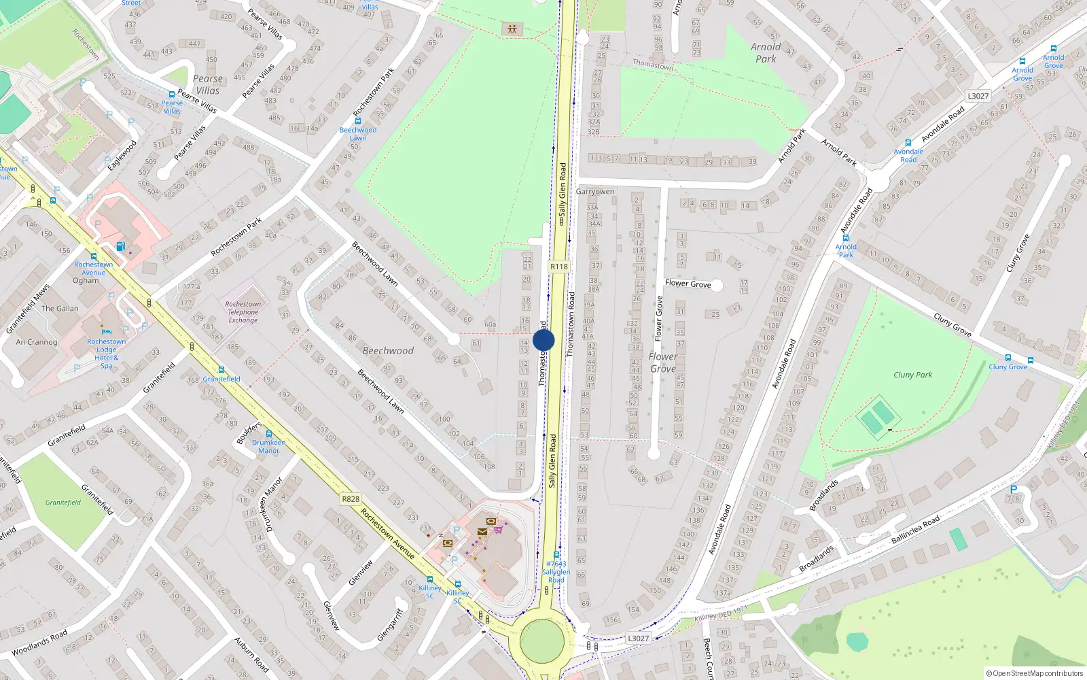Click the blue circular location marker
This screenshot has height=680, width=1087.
click(543, 340)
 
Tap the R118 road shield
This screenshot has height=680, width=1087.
click(558, 267)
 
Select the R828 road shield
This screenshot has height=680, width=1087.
click(351, 499)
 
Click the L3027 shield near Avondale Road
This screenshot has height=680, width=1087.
click(978, 96)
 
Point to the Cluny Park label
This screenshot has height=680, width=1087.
click(912, 375)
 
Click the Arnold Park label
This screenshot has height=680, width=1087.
click(766, 52)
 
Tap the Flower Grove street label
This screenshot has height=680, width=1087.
click(688, 284)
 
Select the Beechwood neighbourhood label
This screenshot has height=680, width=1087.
click(388, 351)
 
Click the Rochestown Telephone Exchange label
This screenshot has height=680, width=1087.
click(243, 312)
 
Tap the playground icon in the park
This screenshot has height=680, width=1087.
click(512, 29)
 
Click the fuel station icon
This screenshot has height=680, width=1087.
click(120, 246)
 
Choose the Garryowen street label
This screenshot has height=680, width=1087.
click(594, 192)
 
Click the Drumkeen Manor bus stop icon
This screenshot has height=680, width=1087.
click(269, 433)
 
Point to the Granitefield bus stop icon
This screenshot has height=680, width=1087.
click(221, 370)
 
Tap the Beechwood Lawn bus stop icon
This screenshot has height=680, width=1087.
click(358, 121)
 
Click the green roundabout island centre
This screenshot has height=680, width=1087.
click(541, 641)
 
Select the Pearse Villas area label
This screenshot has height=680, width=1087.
click(208, 84)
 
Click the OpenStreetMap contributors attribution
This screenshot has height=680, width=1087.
click(1034, 673)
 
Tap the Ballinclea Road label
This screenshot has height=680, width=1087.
click(915, 529)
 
